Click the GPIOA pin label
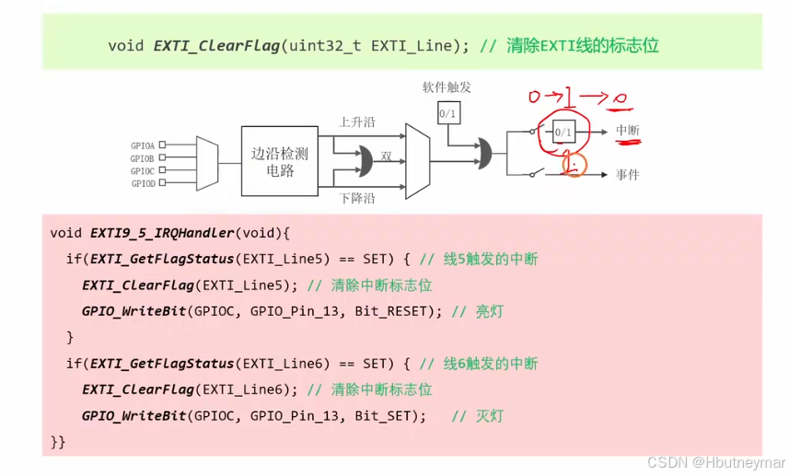pos(144,145)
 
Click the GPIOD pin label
pos(144,183)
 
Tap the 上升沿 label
pos(357,122)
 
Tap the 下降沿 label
pos(357,198)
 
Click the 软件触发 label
pos(447,87)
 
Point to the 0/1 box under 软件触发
pos(447,113)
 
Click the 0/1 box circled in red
pos(563,133)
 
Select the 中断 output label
pos(628,132)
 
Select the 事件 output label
pos(628,175)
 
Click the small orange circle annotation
pos(574,166)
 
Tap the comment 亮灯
pos(490,311)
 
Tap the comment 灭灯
pos(490,416)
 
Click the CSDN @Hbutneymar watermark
pos(714,460)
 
